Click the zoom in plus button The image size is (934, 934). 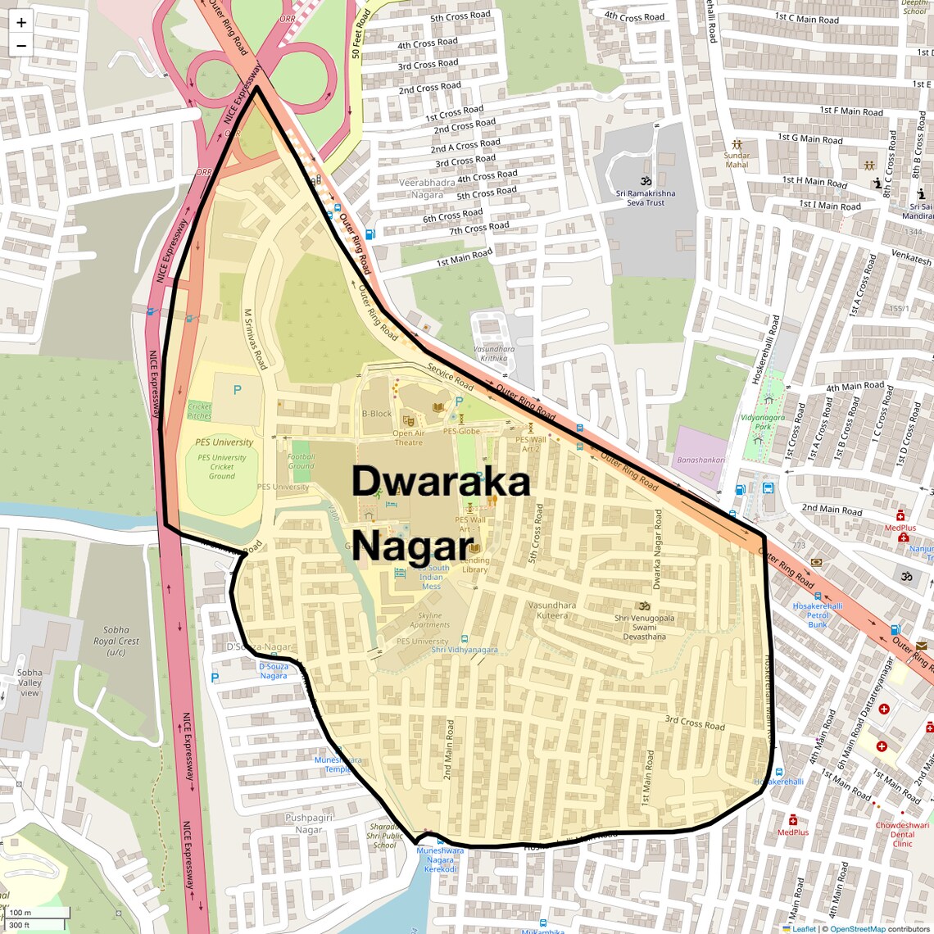21,23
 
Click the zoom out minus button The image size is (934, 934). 21,45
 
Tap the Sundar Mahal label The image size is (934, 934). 737,160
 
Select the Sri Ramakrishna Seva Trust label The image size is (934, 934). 646,197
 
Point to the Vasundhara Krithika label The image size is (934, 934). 494,353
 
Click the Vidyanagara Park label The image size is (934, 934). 763,421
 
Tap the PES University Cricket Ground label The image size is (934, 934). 222,467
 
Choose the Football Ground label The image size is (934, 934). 301,461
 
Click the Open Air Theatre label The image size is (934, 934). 408,438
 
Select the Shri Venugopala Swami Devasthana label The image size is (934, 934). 645,627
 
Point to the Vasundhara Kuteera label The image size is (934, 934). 552,610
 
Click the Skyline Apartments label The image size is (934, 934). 430,620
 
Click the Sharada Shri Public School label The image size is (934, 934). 383,836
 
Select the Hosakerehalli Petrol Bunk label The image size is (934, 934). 818,615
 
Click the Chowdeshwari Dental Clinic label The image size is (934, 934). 902,834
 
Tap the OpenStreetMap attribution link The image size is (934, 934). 858,929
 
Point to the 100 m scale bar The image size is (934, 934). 37,913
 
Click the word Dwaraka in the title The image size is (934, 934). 441,482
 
